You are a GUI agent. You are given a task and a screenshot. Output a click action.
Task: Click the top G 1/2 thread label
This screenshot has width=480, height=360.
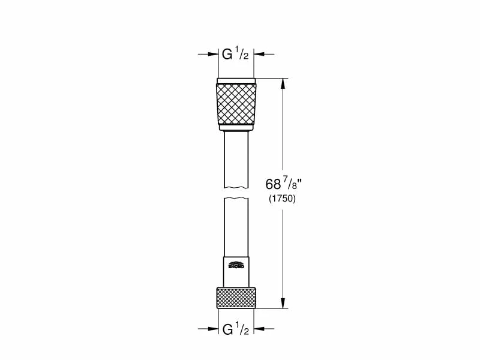tap(235, 55)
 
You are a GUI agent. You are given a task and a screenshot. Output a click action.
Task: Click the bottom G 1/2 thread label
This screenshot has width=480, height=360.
tap(235, 329)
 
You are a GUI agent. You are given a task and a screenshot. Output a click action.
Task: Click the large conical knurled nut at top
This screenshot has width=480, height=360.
tap(236, 103)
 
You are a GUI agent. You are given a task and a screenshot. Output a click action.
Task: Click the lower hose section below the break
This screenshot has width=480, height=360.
tap(236, 228)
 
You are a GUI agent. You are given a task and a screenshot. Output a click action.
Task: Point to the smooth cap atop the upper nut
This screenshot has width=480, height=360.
tap(236, 80)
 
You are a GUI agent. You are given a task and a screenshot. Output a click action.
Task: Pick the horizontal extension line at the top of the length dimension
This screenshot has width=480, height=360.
tap(270, 78)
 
